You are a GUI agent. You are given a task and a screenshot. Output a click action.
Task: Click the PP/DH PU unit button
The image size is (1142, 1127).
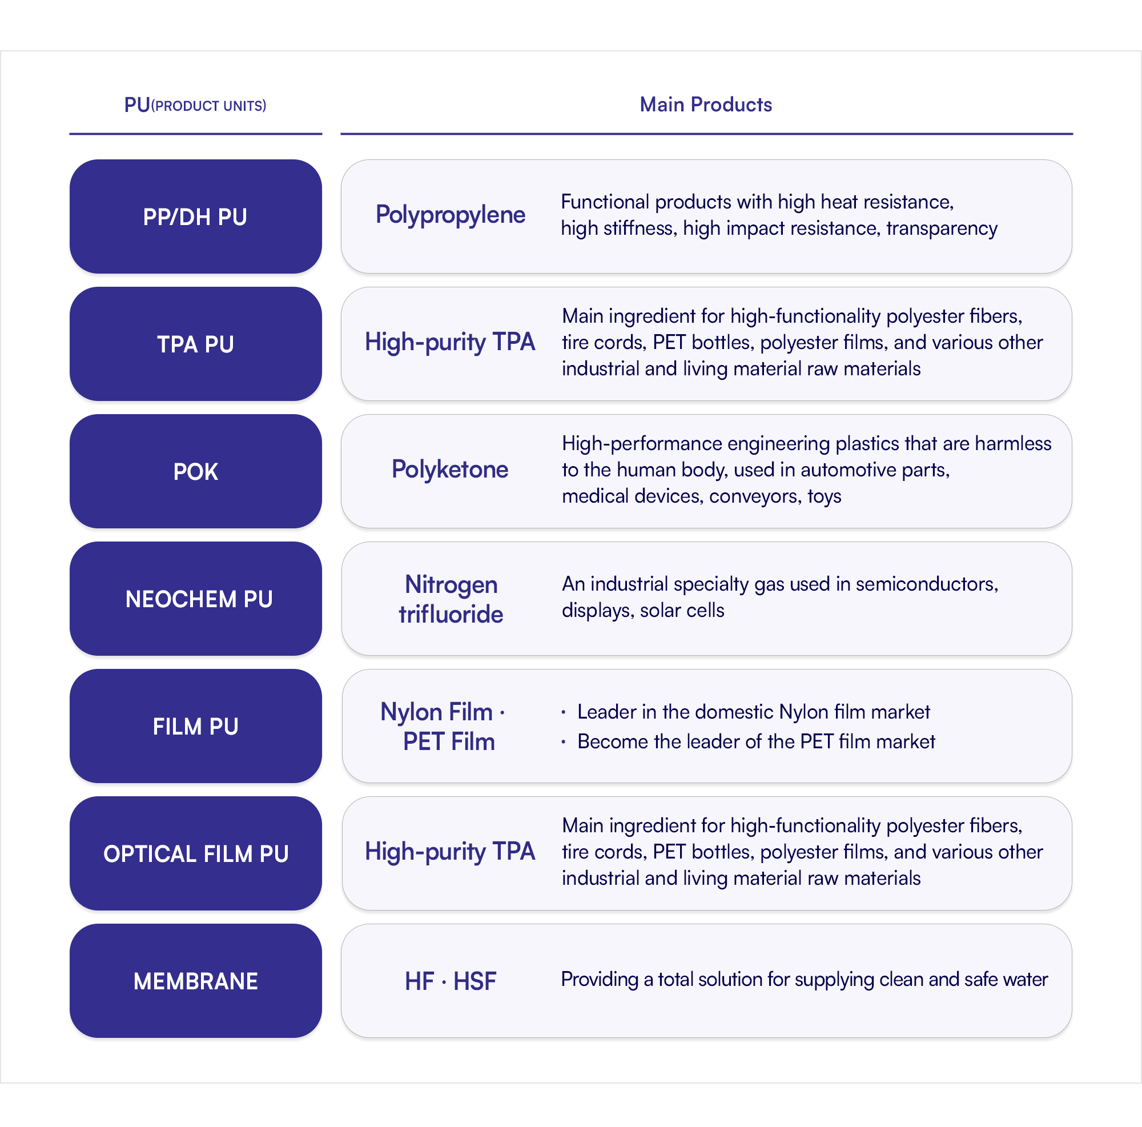coord(196,216)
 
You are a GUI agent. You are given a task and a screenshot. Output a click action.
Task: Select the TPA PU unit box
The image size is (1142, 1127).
coord(196,343)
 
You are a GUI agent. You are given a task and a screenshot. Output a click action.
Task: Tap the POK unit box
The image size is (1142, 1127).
coord(196,471)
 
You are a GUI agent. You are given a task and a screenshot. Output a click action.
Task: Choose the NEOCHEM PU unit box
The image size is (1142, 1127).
coord(196,599)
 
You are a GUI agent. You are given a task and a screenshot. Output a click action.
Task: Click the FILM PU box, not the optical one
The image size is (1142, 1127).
coord(196,726)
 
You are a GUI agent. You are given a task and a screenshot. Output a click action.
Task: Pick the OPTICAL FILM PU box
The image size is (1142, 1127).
coord(196,853)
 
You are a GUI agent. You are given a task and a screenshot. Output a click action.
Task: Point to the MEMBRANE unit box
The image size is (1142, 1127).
coord(196,981)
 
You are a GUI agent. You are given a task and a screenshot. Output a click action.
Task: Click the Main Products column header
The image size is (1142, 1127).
coord(706,105)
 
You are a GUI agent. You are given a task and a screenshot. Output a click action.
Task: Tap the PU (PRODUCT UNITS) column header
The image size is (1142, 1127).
coord(195,105)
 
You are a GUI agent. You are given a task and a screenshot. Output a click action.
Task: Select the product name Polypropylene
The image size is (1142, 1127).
coord(451,215)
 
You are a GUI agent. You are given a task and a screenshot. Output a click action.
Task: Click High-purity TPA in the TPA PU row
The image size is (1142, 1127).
coord(450,342)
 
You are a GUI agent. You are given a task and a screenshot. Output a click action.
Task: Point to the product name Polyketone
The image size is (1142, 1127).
coord(450,470)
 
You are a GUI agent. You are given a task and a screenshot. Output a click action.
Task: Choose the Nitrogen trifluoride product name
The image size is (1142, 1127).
coord(451,599)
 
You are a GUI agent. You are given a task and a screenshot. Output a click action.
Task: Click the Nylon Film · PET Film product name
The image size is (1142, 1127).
coord(443,727)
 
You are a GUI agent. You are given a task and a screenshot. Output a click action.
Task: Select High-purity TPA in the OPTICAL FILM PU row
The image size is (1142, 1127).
coord(450,852)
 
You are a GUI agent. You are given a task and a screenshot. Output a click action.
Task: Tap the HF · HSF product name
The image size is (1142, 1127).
coord(451,981)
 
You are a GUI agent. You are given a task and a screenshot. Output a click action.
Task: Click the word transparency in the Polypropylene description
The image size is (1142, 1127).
coord(942,229)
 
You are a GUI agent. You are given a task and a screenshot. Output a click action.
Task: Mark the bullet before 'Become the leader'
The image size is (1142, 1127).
coord(564,741)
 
